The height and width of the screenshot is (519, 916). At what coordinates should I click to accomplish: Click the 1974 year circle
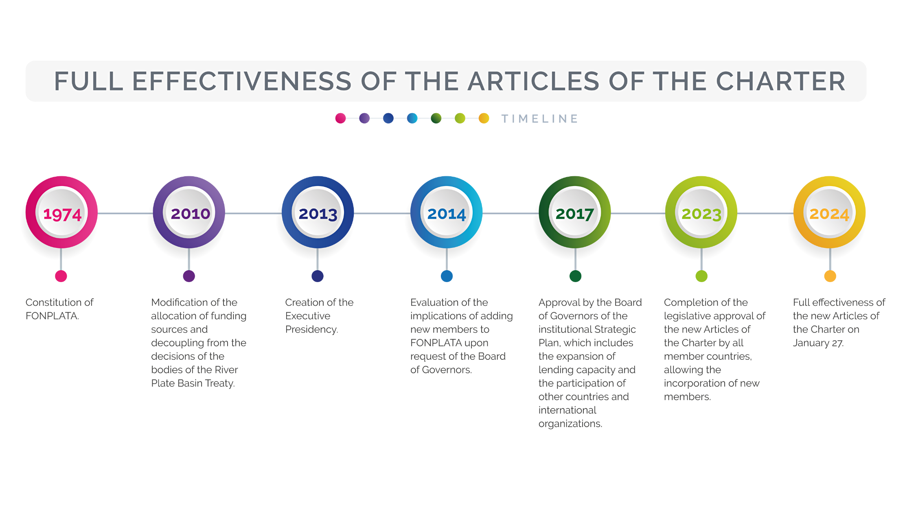click(x=62, y=212)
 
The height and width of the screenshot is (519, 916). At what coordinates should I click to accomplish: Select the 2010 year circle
click(x=189, y=212)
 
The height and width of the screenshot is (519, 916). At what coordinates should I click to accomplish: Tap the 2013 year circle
click(x=318, y=212)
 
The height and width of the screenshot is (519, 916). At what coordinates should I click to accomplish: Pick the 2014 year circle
click(x=447, y=212)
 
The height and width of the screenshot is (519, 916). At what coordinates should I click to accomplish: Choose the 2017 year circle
click(x=575, y=212)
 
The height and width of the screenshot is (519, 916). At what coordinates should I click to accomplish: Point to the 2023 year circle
click(x=701, y=212)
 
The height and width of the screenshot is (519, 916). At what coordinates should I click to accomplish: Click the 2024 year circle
click(x=830, y=212)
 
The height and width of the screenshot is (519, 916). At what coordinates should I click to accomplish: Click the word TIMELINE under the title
click(x=540, y=119)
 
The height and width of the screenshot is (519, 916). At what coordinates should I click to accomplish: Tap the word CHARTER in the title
click(x=780, y=81)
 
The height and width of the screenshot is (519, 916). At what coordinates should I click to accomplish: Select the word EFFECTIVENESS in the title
click(x=242, y=81)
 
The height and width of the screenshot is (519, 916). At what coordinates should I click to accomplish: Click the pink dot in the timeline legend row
click(x=340, y=118)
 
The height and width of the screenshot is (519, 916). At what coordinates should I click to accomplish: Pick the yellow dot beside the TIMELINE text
click(x=484, y=118)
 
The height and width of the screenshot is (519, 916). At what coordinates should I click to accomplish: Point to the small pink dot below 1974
click(x=61, y=276)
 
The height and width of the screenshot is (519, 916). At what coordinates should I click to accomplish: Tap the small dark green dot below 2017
click(x=575, y=276)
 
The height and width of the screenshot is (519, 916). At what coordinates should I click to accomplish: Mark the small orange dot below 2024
click(x=830, y=276)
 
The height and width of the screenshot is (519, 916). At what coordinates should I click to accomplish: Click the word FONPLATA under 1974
click(x=52, y=316)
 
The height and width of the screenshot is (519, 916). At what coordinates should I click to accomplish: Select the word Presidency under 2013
click(x=311, y=329)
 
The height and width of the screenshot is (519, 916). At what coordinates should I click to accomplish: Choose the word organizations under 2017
click(x=570, y=424)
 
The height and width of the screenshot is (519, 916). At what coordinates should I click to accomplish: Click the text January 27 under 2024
click(x=818, y=343)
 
